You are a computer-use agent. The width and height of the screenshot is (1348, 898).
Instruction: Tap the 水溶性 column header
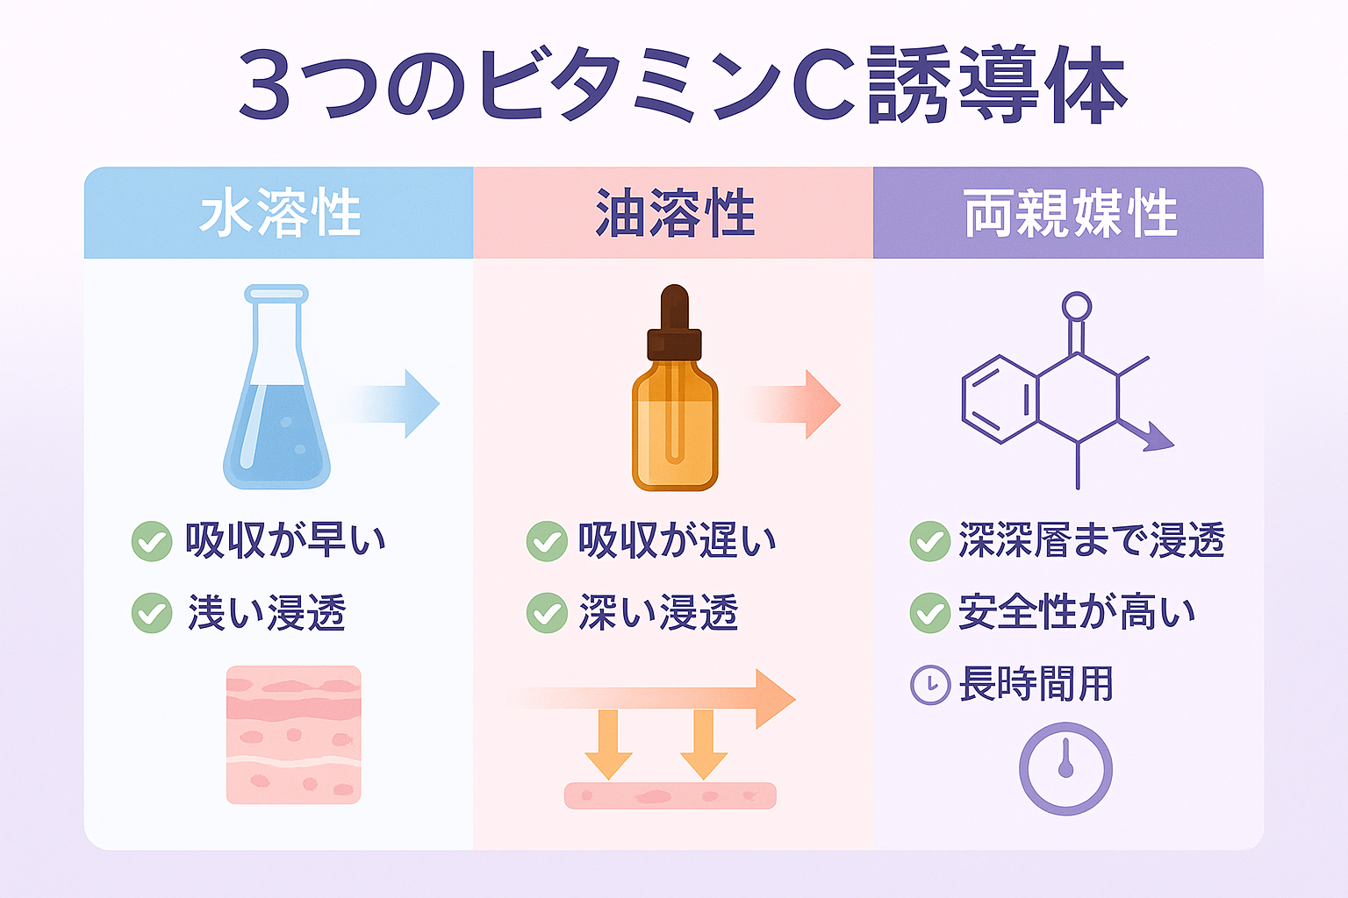(x=279, y=213)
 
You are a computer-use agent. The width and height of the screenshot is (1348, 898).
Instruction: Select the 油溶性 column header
(x=674, y=213)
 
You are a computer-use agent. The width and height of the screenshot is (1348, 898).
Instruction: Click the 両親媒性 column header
(x=1070, y=213)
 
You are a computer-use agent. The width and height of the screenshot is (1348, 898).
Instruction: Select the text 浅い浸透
(x=267, y=613)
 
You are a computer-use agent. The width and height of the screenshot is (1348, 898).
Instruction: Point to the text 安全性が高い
(x=1076, y=612)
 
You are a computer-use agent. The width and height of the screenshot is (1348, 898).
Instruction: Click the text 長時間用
(x=1036, y=684)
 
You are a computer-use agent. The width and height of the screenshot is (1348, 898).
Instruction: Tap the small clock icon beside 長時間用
(x=930, y=685)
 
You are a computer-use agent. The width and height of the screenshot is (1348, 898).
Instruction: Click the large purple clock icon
(x=1065, y=769)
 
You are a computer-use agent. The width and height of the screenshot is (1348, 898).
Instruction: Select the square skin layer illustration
(x=293, y=735)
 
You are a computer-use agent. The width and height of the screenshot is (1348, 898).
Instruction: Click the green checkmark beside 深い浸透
(x=546, y=613)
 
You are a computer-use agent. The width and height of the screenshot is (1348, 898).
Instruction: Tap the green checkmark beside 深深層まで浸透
(x=929, y=541)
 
